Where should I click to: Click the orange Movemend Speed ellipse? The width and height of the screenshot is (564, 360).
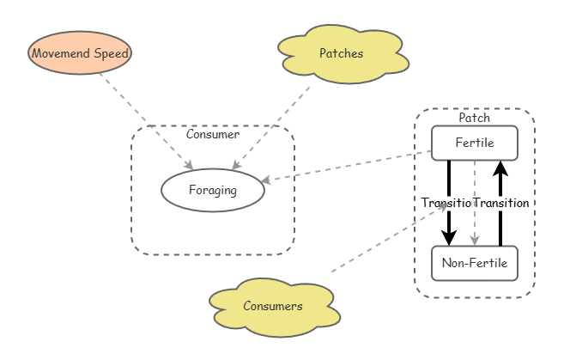point(80,53)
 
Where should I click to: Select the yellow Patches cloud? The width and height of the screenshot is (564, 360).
point(342,53)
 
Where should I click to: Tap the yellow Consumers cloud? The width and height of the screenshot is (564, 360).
point(273,306)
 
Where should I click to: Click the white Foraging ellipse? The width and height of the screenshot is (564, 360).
point(213,191)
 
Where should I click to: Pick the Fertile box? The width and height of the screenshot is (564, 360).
point(475,143)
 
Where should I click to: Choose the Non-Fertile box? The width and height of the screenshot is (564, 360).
point(475,263)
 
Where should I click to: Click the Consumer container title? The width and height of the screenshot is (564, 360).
point(213,134)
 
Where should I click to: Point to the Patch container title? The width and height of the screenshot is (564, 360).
point(475,117)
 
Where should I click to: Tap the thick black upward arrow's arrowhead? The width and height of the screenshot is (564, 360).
point(500,168)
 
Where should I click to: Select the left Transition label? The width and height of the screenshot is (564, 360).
point(446,203)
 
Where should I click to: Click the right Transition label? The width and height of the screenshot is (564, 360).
point(501,203)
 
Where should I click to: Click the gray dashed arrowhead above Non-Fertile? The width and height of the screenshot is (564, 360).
point(475,240)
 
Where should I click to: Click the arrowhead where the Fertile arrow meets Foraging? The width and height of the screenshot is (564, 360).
point(268,180)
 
